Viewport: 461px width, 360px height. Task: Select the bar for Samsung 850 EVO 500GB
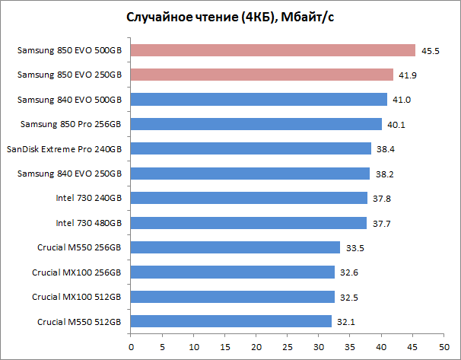(x=273, y=50)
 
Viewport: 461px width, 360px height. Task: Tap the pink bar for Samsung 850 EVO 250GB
(x=262, y=75)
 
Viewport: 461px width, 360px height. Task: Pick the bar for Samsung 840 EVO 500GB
(x=259, y=100)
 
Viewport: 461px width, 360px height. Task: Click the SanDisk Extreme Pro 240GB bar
(x=251, y=148)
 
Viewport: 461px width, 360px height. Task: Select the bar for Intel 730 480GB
(x=249, y=223)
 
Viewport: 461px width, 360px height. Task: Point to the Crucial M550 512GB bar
(x=231, y=321)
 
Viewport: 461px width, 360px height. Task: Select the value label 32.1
(x=345, y=322)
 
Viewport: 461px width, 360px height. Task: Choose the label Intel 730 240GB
(x=88, y=199)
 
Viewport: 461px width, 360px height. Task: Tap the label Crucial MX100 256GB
(x=76, y=272)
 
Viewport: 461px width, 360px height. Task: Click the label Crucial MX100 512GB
(x=76, y=297)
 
